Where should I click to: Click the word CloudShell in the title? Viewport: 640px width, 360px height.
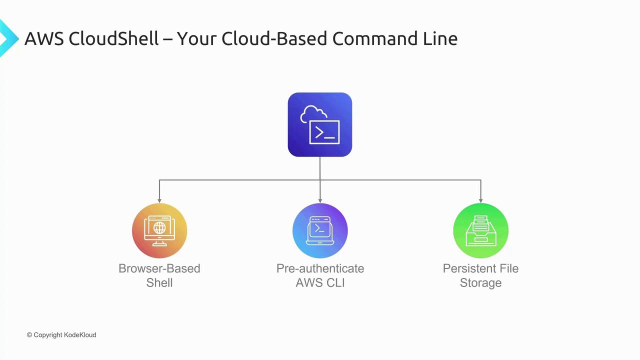(x=113, y=38)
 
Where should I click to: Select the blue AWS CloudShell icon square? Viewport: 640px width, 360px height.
(x=319, y=124)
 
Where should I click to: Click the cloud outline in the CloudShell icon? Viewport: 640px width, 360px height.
(x=313, y=113)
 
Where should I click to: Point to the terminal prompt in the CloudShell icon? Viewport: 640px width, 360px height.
(x=324, y=133)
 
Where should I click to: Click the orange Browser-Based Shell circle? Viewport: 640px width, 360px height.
(x=159, y=230)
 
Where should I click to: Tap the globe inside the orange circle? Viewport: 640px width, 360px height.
(x=159, y=227)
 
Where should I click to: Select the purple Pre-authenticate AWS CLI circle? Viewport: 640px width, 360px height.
(x=320, y=230)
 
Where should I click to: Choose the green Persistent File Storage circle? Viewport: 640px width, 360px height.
(x=481, y=230)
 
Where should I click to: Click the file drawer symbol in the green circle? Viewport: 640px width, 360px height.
(x=481, y=231)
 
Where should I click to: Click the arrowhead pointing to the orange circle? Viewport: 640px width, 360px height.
(x=159, y=201)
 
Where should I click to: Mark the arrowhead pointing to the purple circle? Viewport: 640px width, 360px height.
(x=320, y=201)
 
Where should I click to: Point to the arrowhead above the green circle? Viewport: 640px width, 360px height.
(x=481, y=201)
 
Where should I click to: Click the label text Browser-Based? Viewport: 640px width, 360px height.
(x=159, y=268)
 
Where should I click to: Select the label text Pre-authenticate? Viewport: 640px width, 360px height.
(x=320, y=268)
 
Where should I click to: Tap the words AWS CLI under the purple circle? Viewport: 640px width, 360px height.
(x=320, y=283)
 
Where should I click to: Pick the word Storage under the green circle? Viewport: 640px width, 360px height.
(x=481, y=283)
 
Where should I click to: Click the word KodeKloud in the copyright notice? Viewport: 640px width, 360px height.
(x=80, y=335)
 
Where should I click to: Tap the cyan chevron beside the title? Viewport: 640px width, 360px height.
(x=9, y=38)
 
